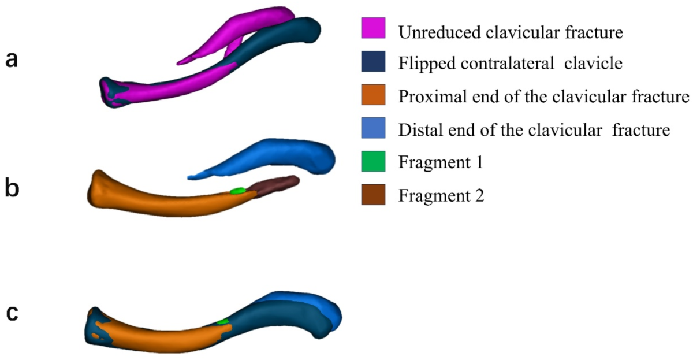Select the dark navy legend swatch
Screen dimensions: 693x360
(x=373, y=63)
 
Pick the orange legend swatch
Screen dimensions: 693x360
(x=373, y=96)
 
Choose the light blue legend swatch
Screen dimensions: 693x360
(x=373, y=129)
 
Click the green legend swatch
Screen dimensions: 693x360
(x=373, y=162)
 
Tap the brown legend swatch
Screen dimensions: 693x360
(x=373, y=196)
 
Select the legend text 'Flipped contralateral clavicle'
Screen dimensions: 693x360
(x=510, y=64)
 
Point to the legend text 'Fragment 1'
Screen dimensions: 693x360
(x=441, y=163)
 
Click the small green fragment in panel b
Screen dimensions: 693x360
(x=237, y=191)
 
